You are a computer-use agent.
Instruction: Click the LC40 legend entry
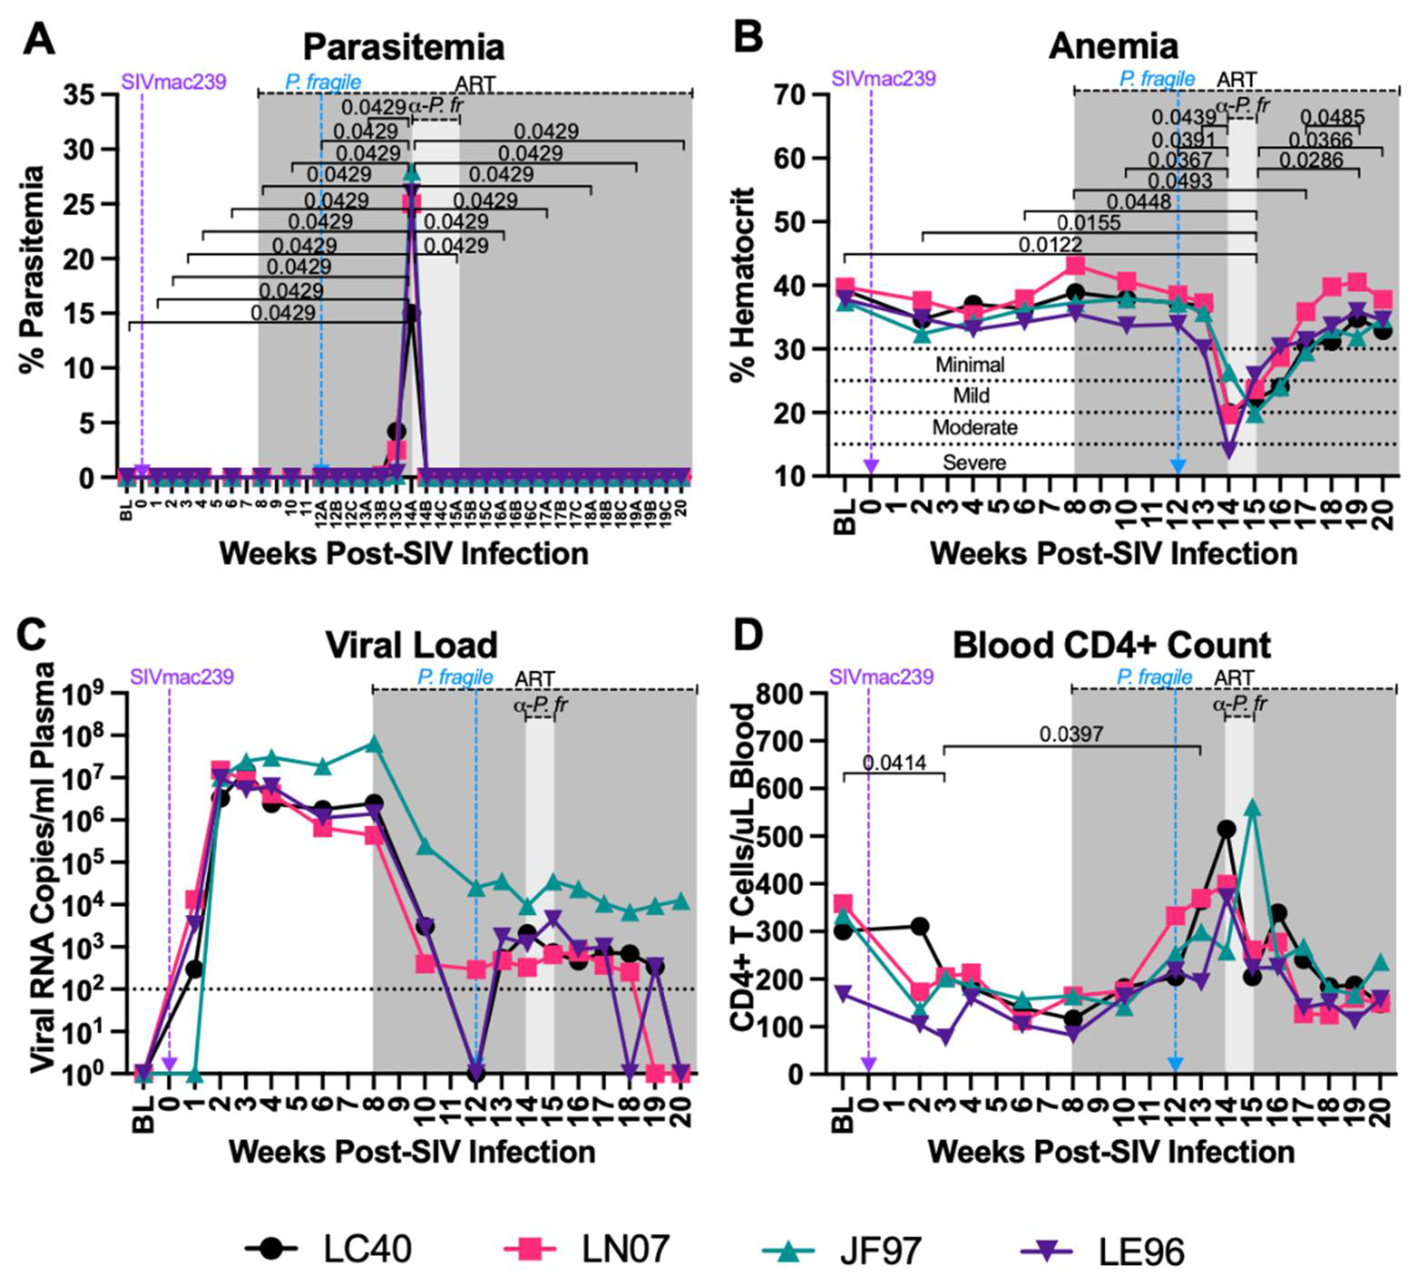coord(330,1250)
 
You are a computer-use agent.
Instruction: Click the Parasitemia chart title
coord(403,48)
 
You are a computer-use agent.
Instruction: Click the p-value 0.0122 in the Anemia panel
coord(1050,245)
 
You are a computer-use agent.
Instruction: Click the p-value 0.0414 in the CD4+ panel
coord(894,763)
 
